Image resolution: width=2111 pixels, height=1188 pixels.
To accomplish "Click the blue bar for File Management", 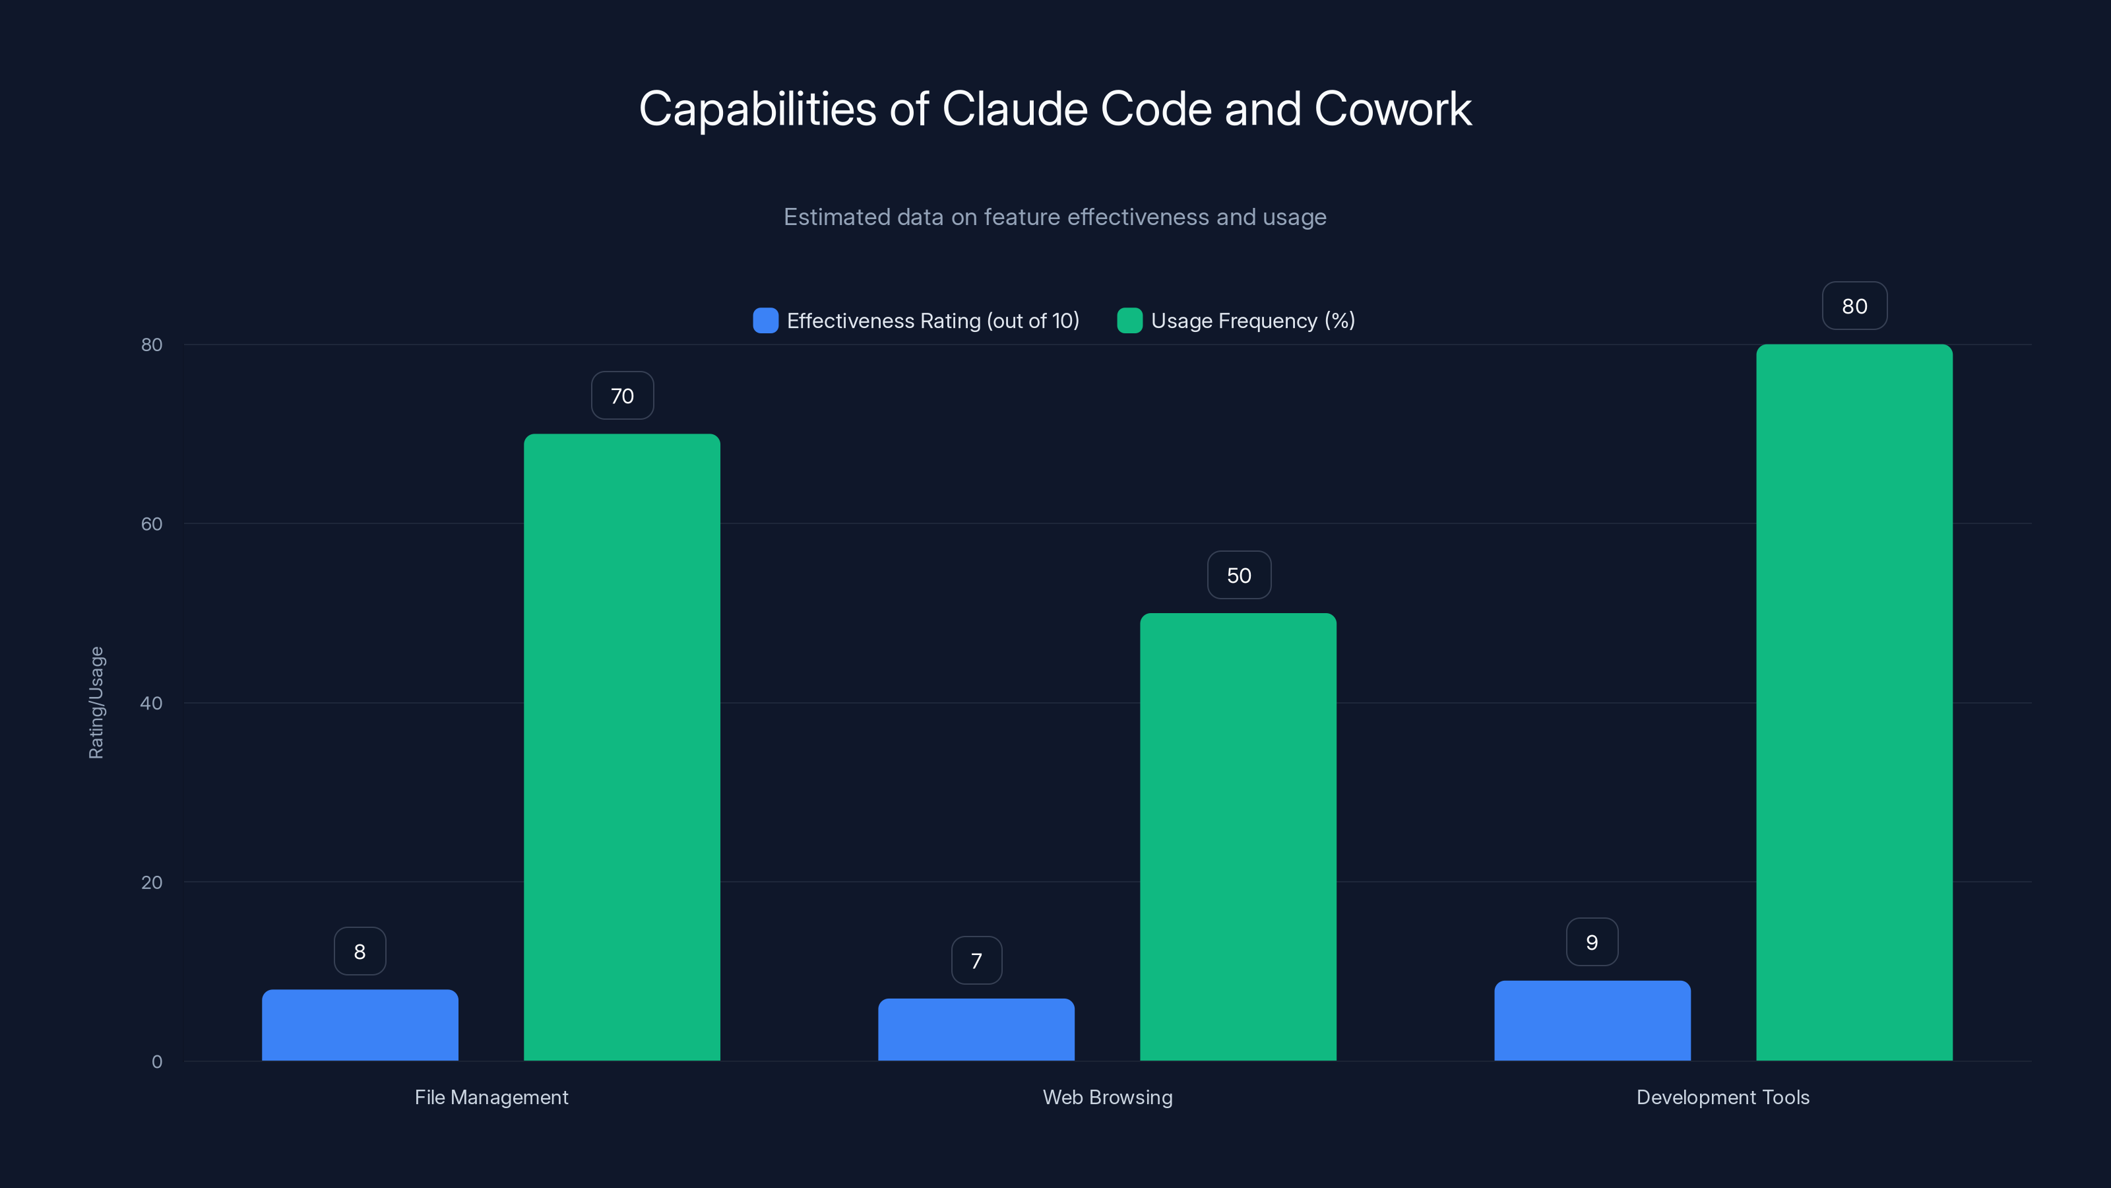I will pos(360,1025).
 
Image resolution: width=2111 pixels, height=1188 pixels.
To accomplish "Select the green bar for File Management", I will pos(622,747).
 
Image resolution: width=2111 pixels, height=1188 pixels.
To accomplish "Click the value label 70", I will pos(622,396).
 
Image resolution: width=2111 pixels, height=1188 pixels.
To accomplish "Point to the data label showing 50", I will pos(1239,576).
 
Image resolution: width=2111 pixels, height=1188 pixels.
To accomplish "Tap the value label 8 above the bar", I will pos(360,951).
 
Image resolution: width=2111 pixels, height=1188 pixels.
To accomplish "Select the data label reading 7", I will pos(976,960).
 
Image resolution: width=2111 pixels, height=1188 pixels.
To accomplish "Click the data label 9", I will pos(1592,942).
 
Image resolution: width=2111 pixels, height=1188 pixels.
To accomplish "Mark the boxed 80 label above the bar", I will pos(1854,306).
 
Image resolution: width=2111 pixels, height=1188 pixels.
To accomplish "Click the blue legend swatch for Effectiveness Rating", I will pos(765,321).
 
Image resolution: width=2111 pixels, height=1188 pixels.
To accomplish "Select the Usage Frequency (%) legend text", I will pos(1252,321).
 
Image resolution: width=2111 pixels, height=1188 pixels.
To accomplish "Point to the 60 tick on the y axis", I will pos(152,524).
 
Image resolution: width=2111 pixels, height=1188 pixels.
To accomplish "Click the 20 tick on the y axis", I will pos(152,882).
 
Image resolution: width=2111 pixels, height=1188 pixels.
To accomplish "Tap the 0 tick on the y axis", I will pos(156,1062).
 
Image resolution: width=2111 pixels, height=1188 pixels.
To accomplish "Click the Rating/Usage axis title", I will pos(96,703).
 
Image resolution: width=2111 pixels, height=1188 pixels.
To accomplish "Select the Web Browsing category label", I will pos(1107,1097).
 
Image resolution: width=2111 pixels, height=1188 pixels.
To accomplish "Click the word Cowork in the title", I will pos(1393,109).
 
